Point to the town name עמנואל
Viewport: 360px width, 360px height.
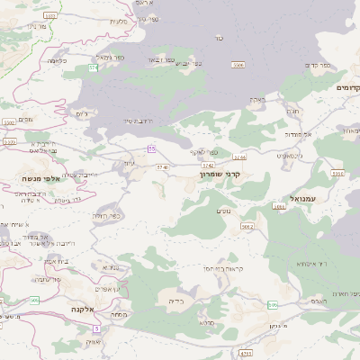[x=303, y=197]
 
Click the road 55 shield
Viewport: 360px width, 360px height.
[x=152, y=148]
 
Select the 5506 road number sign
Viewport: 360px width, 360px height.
[x=238, y=66]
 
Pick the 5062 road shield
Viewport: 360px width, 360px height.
[x=248, y=227]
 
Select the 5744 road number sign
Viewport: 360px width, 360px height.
[x=238, y=131]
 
